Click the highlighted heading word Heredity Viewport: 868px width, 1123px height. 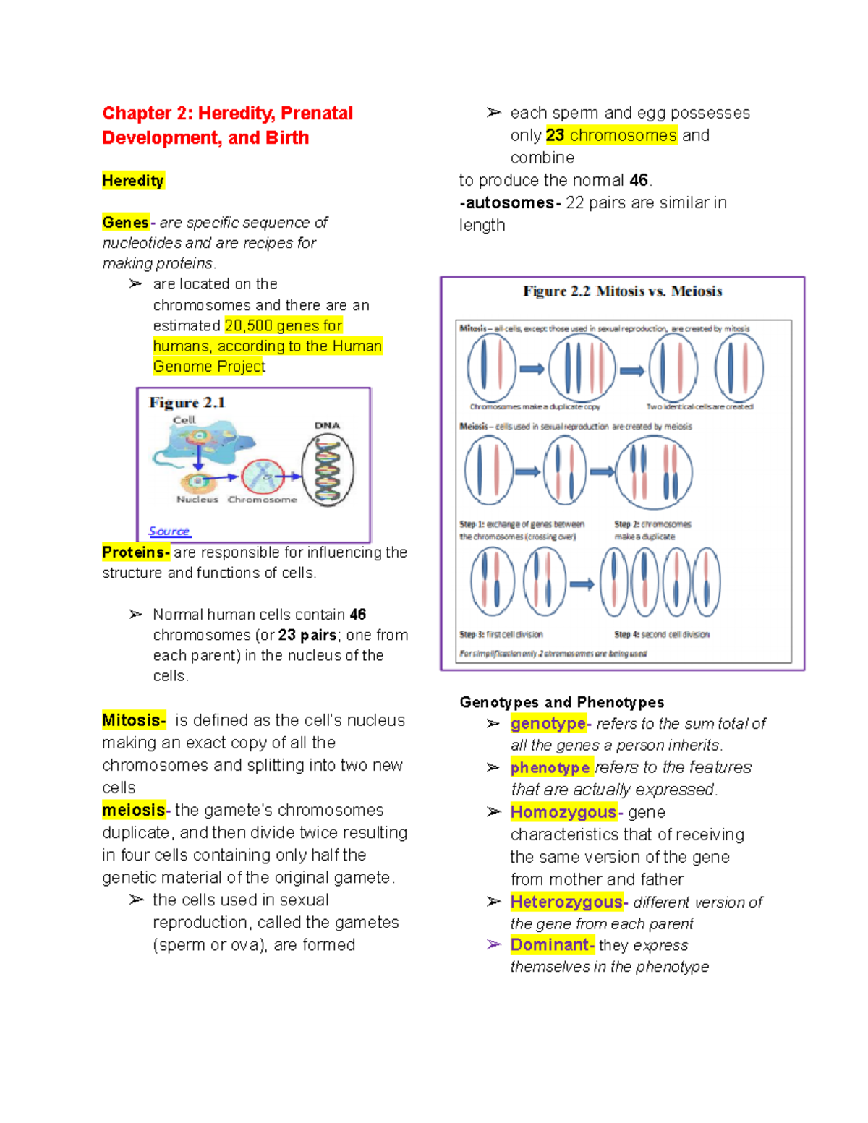133,181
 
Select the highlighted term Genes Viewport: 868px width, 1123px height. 126,223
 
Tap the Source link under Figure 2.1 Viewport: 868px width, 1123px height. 169,531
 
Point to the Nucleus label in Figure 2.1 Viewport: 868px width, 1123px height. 197,500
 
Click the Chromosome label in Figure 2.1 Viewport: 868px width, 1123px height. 262,500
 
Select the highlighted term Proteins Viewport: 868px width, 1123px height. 135,552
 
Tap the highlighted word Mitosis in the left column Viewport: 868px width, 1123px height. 134,720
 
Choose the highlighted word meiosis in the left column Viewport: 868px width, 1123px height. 134,810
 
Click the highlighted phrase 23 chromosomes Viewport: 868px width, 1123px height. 611,135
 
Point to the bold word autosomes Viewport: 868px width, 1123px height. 510,203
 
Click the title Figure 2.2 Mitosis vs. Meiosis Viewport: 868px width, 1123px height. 622,291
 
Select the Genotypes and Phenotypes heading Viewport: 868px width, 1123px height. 561,702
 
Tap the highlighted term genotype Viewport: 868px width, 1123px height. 548,723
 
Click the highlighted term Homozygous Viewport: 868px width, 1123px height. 563,812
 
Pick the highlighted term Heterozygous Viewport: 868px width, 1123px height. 566,902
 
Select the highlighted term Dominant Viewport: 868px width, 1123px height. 551,944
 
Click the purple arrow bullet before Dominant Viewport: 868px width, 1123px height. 494,944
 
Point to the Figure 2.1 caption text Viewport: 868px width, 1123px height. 187,403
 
